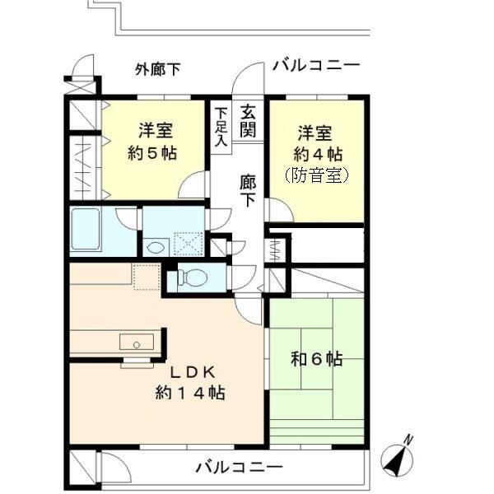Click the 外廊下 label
tap(157, 70)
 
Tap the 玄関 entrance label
tap(248, 121)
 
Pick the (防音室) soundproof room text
tap(317, 175)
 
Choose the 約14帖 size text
tap(190, 393)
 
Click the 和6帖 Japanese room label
tap(317, 359)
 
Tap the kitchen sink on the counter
tap(133, 342)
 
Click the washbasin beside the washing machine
tap(155, 245)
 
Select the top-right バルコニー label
tap(315, 65)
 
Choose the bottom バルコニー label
tap(239, 468)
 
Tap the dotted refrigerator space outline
tap(146, 277)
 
